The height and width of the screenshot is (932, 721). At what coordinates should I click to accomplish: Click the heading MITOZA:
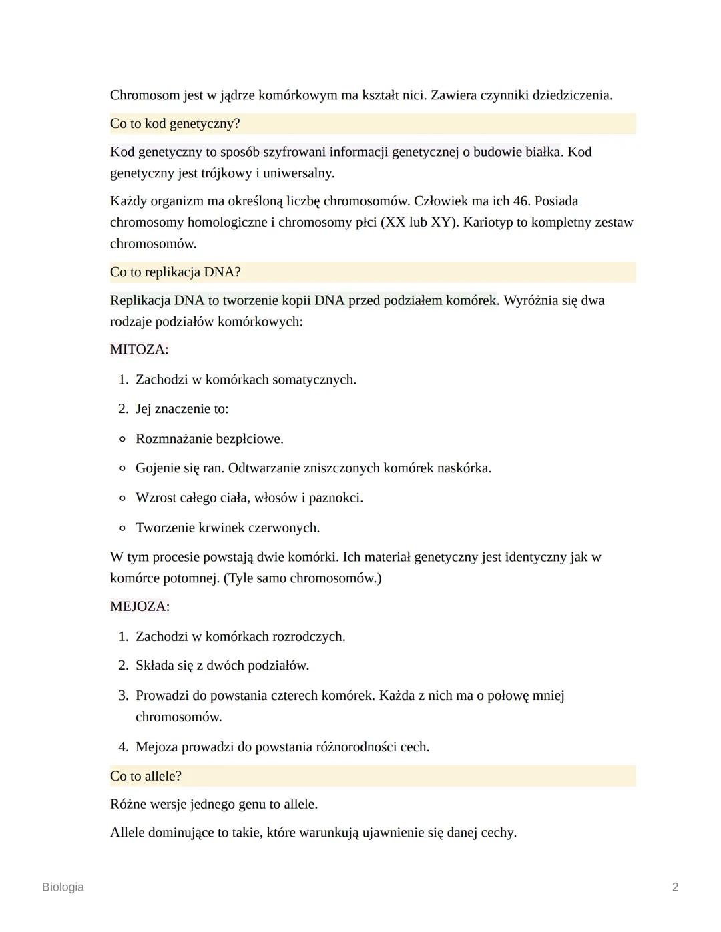coord(139,350)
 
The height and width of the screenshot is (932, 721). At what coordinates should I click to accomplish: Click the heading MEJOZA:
coord(140,606)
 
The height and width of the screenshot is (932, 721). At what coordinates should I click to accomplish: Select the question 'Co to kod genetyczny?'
coord(175,124)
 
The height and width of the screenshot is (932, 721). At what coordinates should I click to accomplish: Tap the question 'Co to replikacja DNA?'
coord(175,272)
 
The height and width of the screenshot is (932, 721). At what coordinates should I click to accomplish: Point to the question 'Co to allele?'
coord(146,776)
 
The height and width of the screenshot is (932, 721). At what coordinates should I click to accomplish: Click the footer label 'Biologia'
coord(63,887)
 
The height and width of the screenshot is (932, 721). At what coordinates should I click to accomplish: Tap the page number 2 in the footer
coord(675,887)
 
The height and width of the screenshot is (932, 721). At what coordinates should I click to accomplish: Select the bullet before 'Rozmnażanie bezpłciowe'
coord(122,439)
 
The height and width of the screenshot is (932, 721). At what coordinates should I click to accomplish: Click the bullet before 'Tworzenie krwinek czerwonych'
coord(122,528)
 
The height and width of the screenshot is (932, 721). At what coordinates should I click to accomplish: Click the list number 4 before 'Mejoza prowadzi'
coord(123,747)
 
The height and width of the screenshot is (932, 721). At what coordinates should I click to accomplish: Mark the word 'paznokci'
coord(335,498)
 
